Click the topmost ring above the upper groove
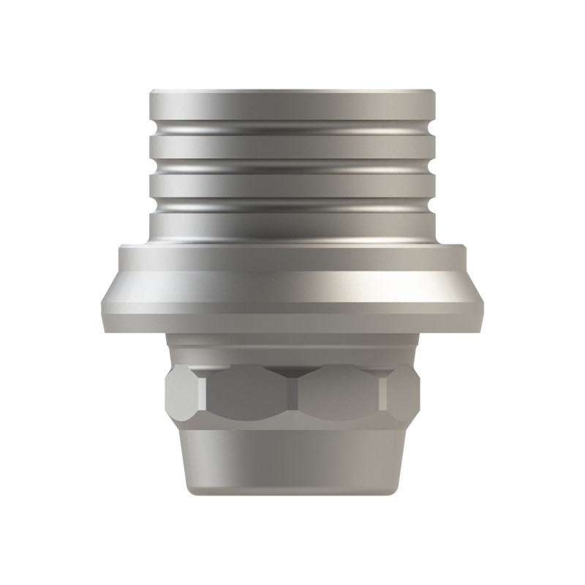[x=292, y=108]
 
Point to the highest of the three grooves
[x=292, y=130]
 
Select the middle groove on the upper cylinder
[x=292, y=165]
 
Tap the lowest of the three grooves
[x=292, y=203]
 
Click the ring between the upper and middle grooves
[x=292, y=148]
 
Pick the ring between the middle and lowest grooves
[x=292, y=184]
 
